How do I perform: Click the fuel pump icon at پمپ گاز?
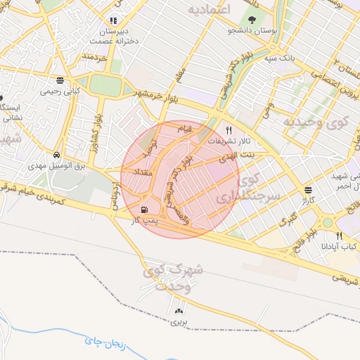145,209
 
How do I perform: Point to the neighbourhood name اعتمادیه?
211,10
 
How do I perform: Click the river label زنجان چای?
104,342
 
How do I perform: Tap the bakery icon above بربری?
178,310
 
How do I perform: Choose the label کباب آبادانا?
340,247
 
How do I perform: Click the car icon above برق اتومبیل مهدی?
56,155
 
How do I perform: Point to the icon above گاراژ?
309,190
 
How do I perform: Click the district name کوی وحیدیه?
315,121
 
